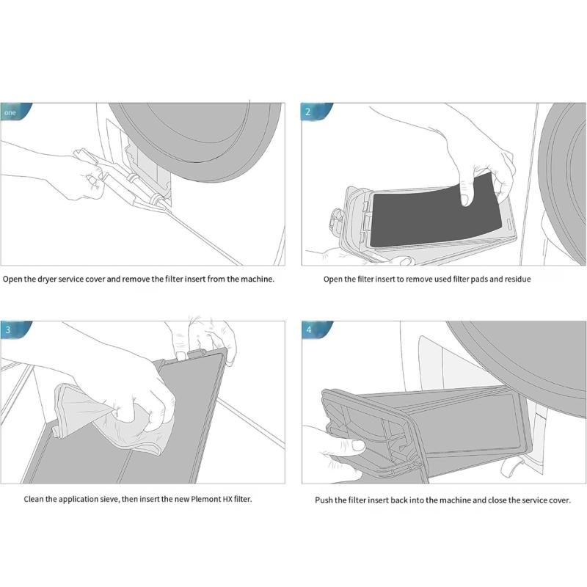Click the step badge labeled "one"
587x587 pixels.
click(11, 112)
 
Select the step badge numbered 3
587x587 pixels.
click(9, 329)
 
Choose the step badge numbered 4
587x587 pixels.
click(310, 329)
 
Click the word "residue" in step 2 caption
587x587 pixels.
click(515, 280)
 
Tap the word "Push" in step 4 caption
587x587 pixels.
click(325, 500)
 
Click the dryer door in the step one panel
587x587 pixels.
click(198, 136)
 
